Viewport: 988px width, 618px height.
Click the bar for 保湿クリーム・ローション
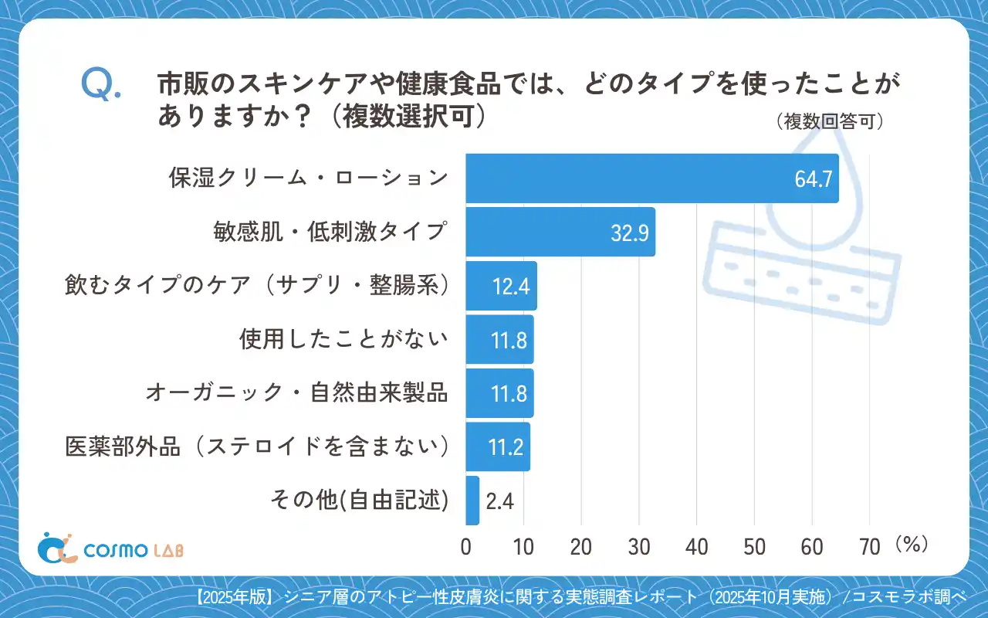652,178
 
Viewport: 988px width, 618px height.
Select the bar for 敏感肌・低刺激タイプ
560,232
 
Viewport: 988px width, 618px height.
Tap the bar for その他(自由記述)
472,501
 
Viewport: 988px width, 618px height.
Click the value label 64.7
813,179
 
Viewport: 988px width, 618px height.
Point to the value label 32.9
630,233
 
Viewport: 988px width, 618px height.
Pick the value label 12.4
510,287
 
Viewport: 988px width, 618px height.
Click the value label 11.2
507,447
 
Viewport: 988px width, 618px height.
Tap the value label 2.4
500,501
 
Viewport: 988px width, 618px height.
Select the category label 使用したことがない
343,339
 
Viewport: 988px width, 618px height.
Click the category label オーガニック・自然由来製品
297,393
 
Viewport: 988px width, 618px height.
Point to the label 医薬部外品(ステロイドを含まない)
257,447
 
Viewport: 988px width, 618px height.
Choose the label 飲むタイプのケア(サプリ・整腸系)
257,286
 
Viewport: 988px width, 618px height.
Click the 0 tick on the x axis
466,547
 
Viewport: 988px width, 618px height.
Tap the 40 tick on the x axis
697,547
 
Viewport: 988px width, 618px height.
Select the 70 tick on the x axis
870,547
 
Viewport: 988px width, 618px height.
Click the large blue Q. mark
100,84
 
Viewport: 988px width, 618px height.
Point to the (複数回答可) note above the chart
829,122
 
